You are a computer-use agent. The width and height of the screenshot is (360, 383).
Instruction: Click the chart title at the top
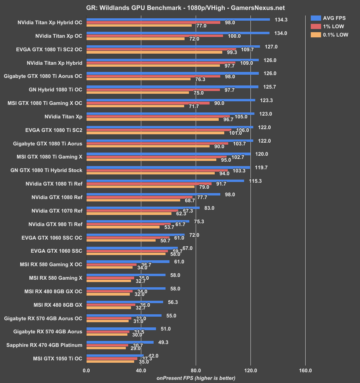tap(180, 8)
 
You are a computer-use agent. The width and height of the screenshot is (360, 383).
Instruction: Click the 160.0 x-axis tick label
tap(305, 371)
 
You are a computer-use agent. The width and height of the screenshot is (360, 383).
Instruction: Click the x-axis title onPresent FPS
tap(196, 378)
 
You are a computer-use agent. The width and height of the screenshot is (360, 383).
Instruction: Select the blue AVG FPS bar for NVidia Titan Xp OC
tap(178, 33)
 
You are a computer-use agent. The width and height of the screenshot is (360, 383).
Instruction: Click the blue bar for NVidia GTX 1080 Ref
tap(153, 194)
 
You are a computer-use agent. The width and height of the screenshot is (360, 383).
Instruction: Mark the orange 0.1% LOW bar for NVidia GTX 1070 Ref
tap(129, 213)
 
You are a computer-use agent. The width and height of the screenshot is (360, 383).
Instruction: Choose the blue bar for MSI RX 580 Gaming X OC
tap(128, 261)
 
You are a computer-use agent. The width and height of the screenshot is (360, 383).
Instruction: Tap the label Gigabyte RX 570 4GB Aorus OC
tap(43, 318)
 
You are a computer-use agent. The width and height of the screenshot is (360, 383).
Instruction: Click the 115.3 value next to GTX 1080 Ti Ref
tap(255, 181)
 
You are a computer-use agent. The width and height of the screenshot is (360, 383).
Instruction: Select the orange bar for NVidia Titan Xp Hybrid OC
tap(139, 25)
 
